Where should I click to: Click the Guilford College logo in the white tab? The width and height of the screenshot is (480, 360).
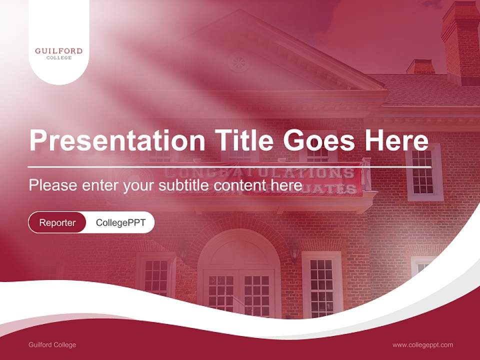pyautogui.click(x=58, y=53)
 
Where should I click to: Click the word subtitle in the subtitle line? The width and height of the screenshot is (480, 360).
pyautogui.click(x=184, y=185)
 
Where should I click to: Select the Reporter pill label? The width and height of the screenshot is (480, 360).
pyautogui.click(x=57, y=222)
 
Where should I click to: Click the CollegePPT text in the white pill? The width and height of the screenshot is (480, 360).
pyautogui.click(x=120, y=222)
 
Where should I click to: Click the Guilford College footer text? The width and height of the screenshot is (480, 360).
pyautogui.click(x=52, y=344)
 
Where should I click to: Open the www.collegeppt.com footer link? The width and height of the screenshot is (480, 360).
pyautogui.click(x=422, y=344)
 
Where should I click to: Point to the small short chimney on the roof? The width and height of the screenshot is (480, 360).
pyautogui.click(x=420, y=67)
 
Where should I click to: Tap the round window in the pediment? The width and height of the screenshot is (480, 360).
pyautogui.click(x=238, y=63)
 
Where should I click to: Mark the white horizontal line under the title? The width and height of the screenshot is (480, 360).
pyautogui.click(x=222, y=166)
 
